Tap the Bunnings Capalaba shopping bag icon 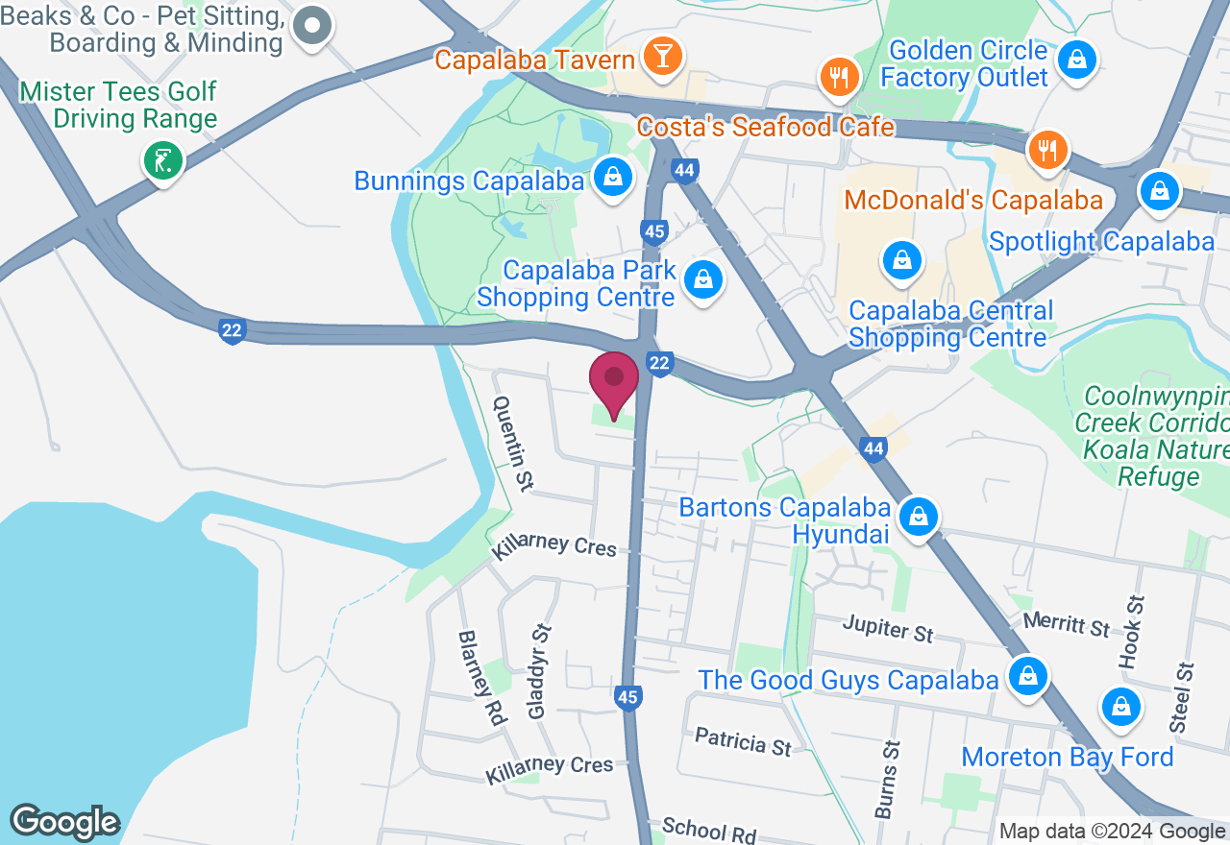point(611,177)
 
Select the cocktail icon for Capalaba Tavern point(662,56)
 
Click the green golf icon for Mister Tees point(162,159)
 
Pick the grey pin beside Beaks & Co point(312,26)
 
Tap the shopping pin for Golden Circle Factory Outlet point(1077,61)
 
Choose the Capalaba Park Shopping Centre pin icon point(703,280)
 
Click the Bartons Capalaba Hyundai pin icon point(919,518)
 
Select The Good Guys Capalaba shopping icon point(1027,676)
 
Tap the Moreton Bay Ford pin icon point(1120,708)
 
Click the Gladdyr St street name point(541,671)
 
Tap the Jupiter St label point(888,630)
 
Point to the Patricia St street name point(743,741)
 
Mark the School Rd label point(709,832)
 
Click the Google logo point(64,823)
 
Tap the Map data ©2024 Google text point(1112,832)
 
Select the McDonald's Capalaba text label point(972,201)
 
